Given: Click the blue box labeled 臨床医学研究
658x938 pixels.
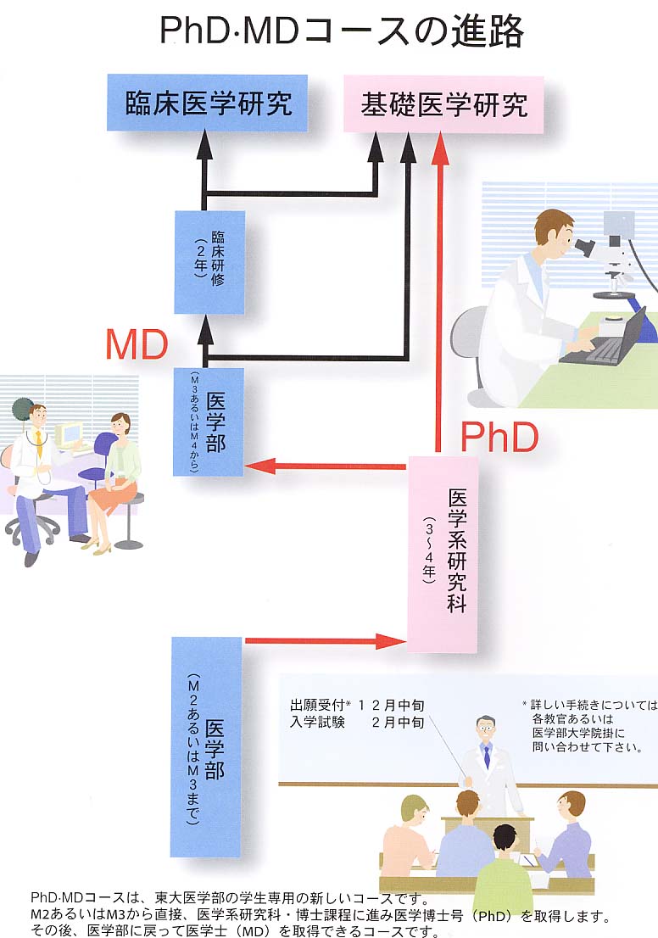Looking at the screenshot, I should coord(208,103).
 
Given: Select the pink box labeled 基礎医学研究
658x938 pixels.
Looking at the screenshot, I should coord(443,103).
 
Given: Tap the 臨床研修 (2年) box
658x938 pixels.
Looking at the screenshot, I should coord(209,262).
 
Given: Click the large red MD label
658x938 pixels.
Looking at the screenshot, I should coord(137,344).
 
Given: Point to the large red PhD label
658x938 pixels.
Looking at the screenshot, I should coord(499,438).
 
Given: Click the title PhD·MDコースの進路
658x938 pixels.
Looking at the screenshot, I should coord(342,32).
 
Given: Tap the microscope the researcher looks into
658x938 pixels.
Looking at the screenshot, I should coord(611,254).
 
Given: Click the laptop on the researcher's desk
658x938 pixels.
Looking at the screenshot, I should coord(607,341).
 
